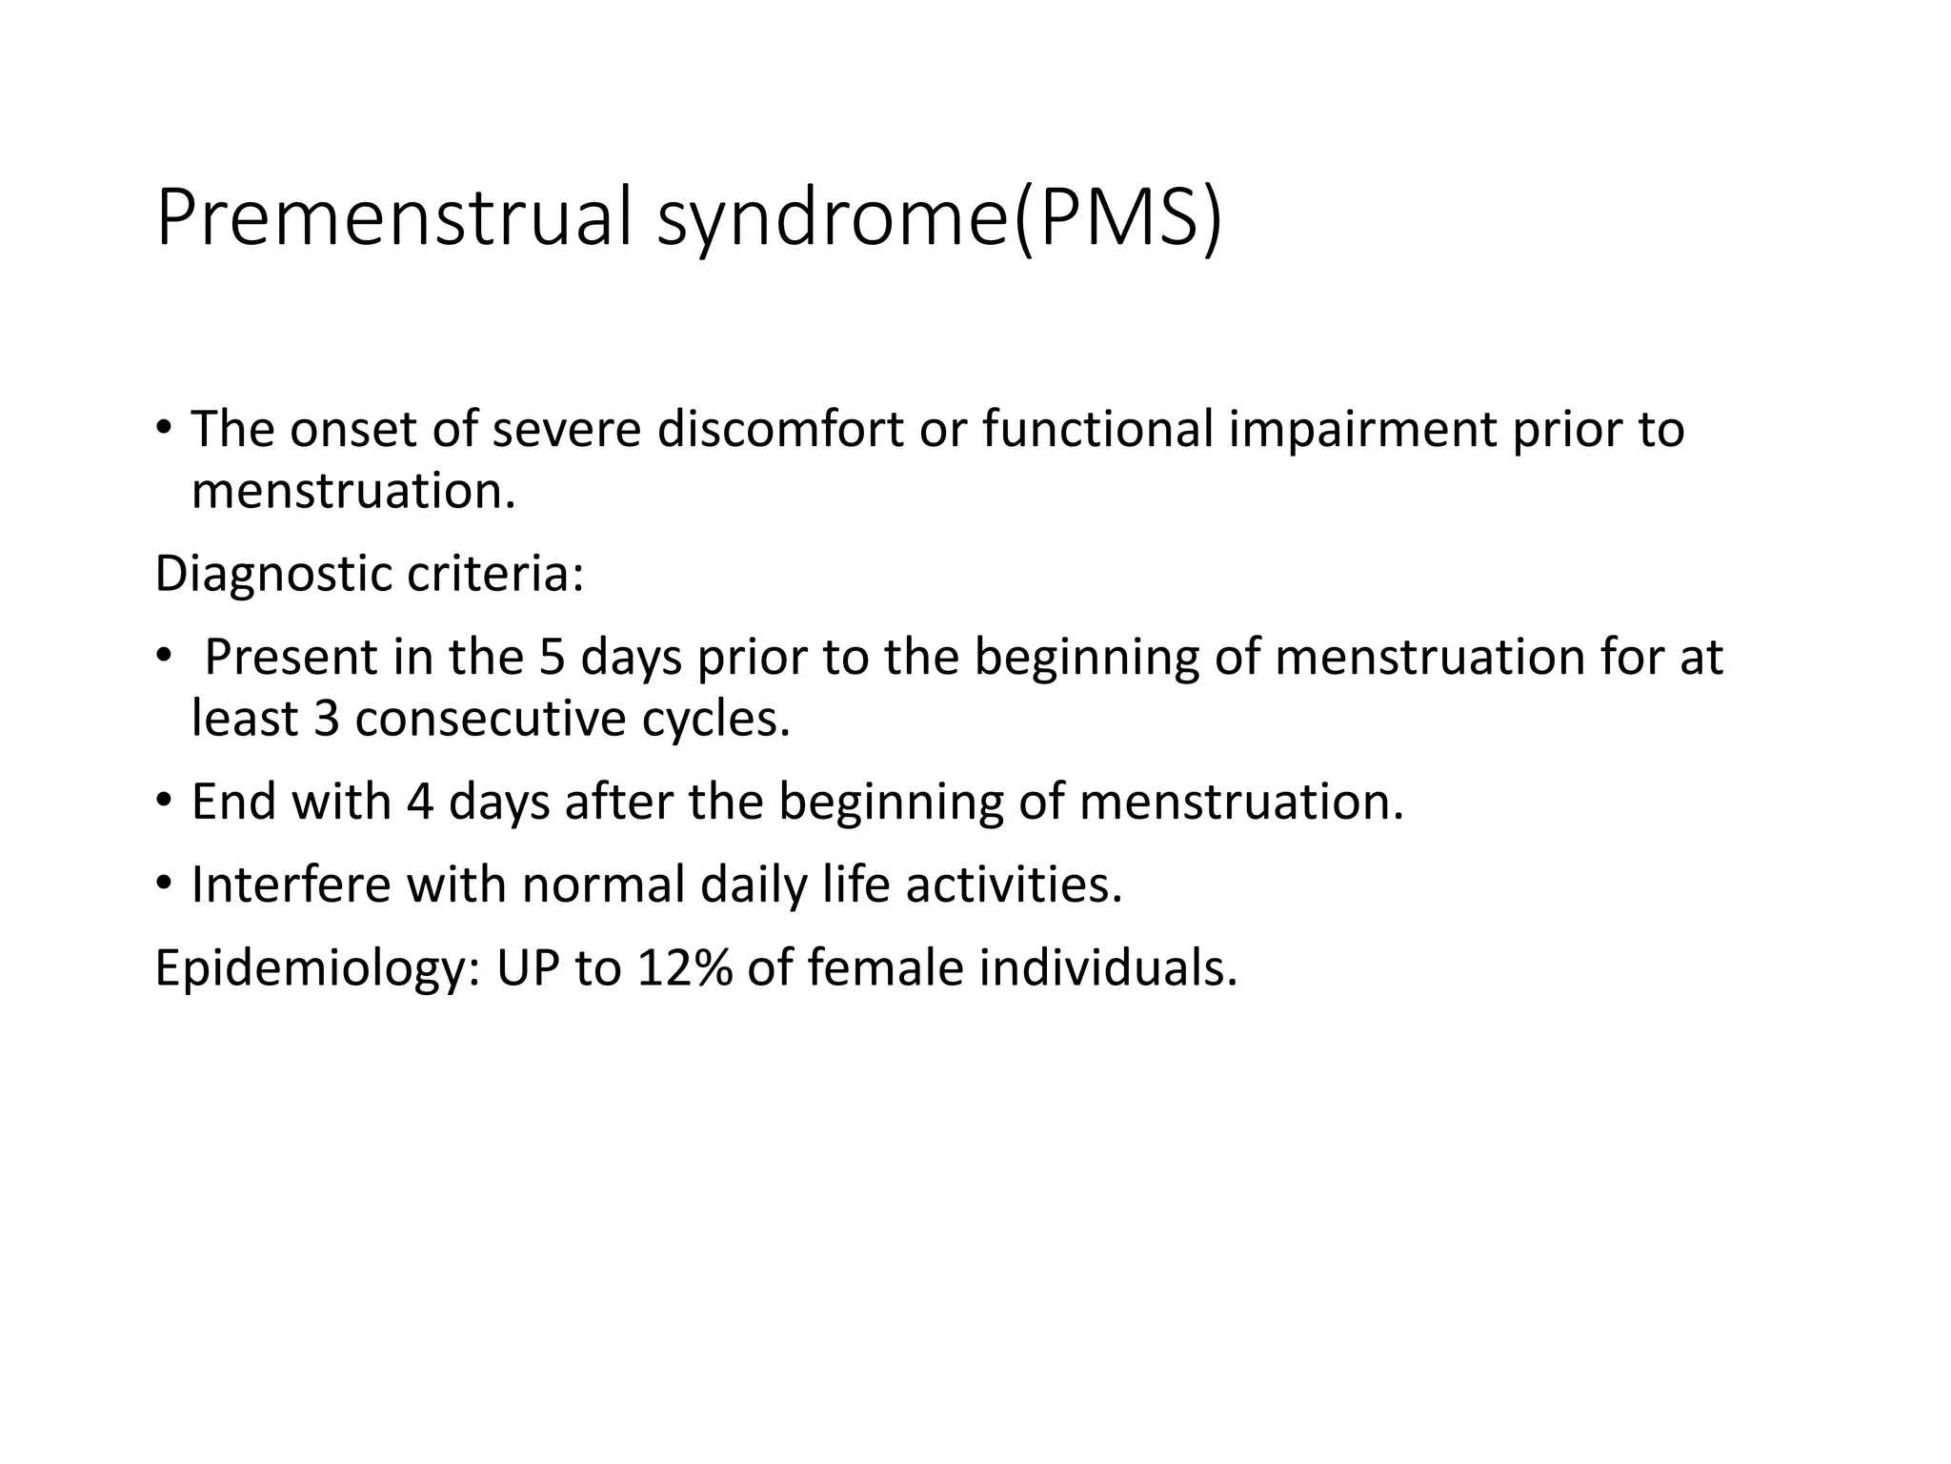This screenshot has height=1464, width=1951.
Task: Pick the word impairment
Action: [1362, 431]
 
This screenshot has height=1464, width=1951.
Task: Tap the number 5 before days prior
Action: [552, 658]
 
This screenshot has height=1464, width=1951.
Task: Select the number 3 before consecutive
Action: [326, 719]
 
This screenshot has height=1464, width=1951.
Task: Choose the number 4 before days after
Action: [420, 802]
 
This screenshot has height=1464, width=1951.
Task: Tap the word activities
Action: [1014, 884]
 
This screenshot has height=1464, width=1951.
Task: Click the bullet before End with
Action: [164, 802]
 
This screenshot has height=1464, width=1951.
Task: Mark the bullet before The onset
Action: [164, 429]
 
